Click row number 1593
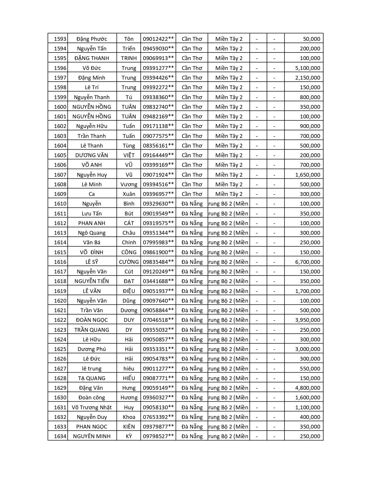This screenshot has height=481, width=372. click(60, 39)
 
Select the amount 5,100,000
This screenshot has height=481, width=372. click(308, 68)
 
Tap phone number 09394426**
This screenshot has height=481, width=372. click(158, 78)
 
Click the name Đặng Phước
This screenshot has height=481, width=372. click(92, 39)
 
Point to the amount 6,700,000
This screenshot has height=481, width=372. click(308, 262)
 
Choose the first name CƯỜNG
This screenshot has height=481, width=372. click(129, 262)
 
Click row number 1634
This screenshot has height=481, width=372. click(60, 436)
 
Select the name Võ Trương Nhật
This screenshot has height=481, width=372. click(92, 408)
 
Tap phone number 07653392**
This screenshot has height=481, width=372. click(158, 417)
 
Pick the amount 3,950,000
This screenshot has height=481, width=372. click(308, 320)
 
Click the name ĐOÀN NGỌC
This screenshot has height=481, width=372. click(92, 320)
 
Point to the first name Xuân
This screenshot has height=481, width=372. click(129, 194)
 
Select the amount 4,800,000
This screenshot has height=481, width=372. click(308, 388)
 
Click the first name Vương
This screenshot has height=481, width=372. click(129, 185)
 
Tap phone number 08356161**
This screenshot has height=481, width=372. click(158, 146)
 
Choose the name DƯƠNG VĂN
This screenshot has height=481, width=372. click(92, 155)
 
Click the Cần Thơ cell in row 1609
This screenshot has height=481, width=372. click(192, 194)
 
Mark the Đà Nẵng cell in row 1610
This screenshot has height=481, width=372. click(192, 204)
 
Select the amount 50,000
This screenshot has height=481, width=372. click(311, 39)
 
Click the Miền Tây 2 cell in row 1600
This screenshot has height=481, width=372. click(229, 107)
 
